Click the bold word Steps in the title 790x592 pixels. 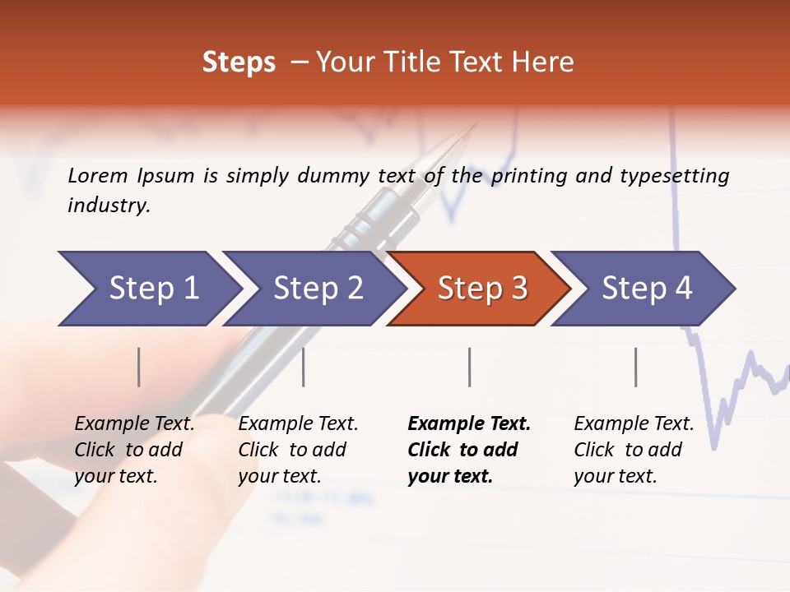tap(239, 62)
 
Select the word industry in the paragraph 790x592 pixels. tap(109, 206)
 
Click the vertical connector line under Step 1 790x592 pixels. tap(139, 367)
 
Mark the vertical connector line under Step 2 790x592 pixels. tap(304, 367)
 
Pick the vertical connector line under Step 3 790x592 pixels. tap(469, 367)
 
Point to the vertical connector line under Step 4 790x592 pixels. tap(635, 367)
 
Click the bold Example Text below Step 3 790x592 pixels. tap(469, 423)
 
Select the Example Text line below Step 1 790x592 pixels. tap(134, 423)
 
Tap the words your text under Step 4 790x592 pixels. tap(615, 476)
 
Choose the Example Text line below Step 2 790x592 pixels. tap(298, 423)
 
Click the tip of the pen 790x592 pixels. tap(475, 126)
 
